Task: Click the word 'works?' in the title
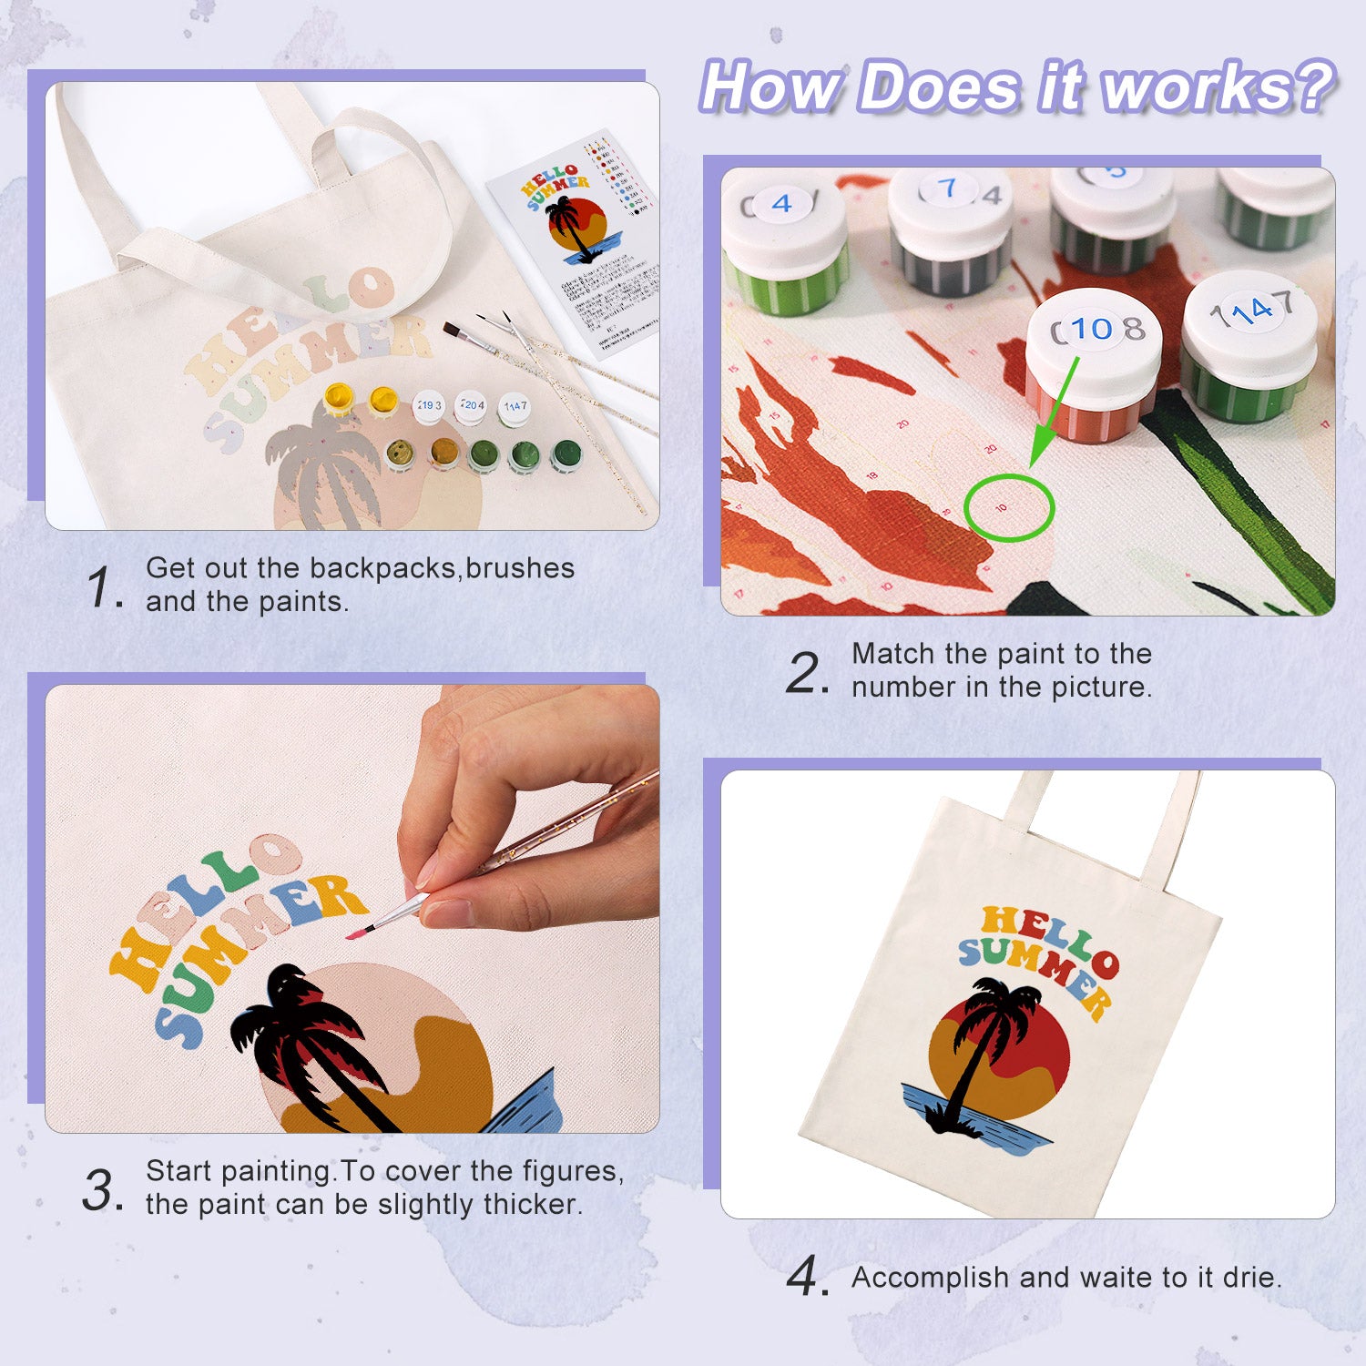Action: coord(1217,87)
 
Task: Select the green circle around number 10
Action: coord(1008,507)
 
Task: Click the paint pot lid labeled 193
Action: coord(429,406)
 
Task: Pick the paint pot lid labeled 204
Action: coord(471,405)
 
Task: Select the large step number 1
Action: coord(102,586)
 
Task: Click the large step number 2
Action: coord(806,674)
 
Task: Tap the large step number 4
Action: coord(806,1277)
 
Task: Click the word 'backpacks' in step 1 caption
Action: coord(382,568)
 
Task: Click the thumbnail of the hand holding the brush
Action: coord(352,908)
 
